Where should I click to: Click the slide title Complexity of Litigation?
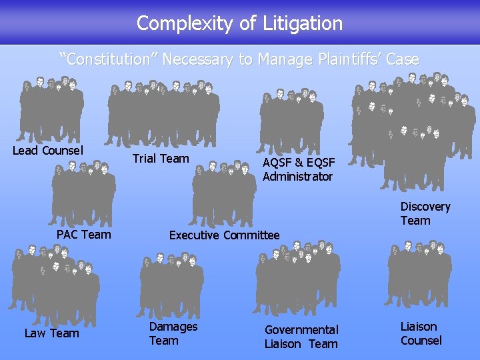pyautogui.click(x=239, y=24)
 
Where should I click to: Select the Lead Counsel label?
pyautogui.click(x=48, y=151)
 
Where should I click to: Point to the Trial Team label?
pyautogui.click(x=161, y=159)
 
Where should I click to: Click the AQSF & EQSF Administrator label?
pyautogui.click(x=298, y=169)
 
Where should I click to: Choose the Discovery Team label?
pyautogui.click(x=425, y=214)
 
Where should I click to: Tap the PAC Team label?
pyautogui.click(x=84, y=234)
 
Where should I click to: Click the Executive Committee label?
pyautogui.click(x=225, y=235)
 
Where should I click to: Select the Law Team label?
pyautogui.click(x=52, y=333)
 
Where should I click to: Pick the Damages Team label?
pyautogui.click(x=173, y=333)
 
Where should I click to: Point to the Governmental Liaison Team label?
pyautogui.click(x=301, y=337)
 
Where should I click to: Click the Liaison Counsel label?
pyautogui.click(x=421, y=333)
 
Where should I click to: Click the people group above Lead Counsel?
pyautogui.click(x=52, y=110)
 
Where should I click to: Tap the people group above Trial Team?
pyautogui.click(x=163, y=113)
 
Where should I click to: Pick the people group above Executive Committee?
pyautogui.click(x=224, y=193)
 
